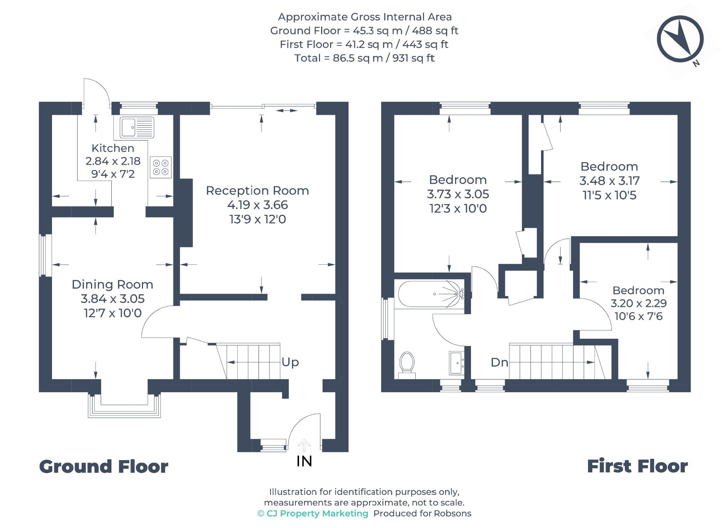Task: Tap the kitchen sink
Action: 134,127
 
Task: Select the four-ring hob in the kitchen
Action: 161,167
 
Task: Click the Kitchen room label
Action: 113,148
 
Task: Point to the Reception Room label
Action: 258,190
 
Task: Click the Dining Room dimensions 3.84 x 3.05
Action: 113,299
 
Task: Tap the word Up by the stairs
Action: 290,362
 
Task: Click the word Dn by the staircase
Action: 500,362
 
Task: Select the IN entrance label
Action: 304,461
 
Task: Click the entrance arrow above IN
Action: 304,445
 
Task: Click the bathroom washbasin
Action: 457,362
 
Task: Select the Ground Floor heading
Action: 104,467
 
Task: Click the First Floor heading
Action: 637,466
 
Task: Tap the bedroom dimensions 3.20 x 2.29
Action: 639,303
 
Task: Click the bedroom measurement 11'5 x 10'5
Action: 610,195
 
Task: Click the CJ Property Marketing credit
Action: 313,514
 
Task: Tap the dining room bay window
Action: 124,406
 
